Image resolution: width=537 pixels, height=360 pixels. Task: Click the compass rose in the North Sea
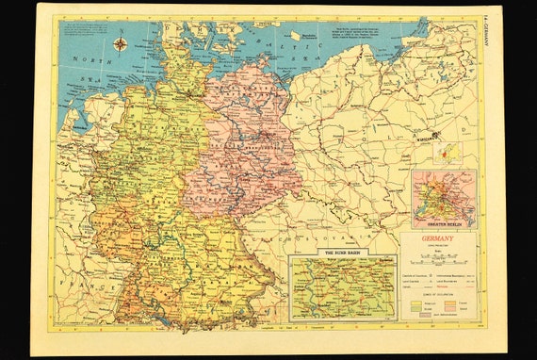point(122,43)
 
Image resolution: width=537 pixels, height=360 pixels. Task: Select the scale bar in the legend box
point(439,258)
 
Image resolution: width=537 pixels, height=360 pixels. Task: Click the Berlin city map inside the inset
point(444,197)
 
